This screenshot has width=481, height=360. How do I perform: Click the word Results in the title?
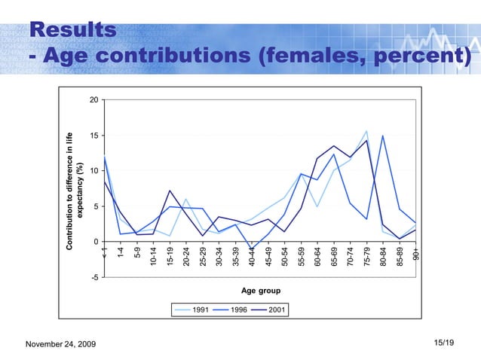tap(73, 29)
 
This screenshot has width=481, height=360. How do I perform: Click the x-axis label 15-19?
tap(170, 257)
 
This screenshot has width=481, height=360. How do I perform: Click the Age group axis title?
tap(260, 290)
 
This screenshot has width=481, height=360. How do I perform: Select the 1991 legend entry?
tap(191, 310)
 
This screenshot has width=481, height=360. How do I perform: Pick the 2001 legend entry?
tap(267, 310)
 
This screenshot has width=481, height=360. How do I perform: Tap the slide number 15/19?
tap(445, 343)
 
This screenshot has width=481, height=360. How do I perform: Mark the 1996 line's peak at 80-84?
tap(383, 136)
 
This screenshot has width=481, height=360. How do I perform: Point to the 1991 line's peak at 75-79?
tap(366, 132)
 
